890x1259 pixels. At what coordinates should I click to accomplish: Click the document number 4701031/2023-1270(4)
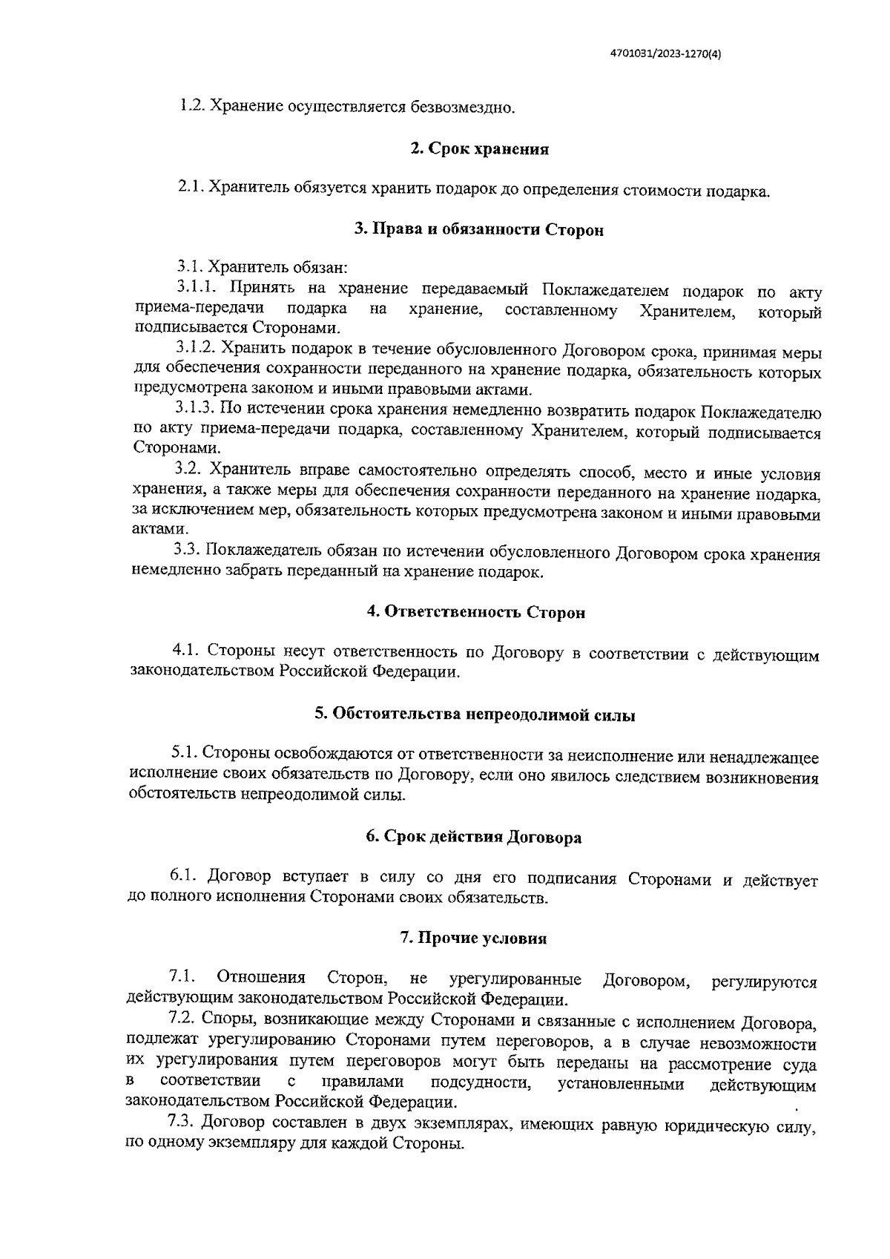[665, 53]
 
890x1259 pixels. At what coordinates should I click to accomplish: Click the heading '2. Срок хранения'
[479, 149]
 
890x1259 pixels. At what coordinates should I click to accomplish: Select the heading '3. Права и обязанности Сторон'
[478, 230]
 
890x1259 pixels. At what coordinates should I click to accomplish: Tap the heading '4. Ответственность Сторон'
[476, 613]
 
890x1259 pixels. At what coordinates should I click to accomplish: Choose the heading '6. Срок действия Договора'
[473, 837]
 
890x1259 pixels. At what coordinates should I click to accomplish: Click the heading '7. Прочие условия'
[473, 938]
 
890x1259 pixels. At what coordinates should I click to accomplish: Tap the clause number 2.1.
[191, 188]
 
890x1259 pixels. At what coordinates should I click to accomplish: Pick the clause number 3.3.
[187, 550]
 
